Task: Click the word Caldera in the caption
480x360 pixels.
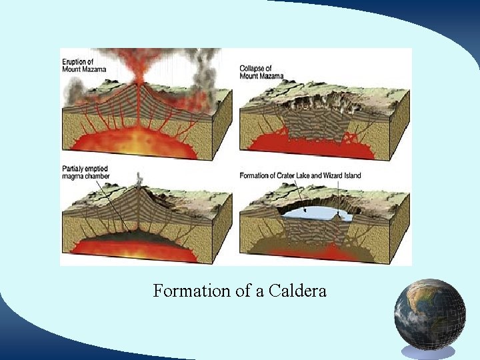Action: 297,291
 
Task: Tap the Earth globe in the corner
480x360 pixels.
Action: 429,314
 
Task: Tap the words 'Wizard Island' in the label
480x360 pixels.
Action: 361,175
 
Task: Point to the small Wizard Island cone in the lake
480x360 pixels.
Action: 345,215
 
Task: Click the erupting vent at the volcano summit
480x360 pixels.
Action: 139,81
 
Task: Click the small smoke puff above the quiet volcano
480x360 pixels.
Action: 139,178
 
